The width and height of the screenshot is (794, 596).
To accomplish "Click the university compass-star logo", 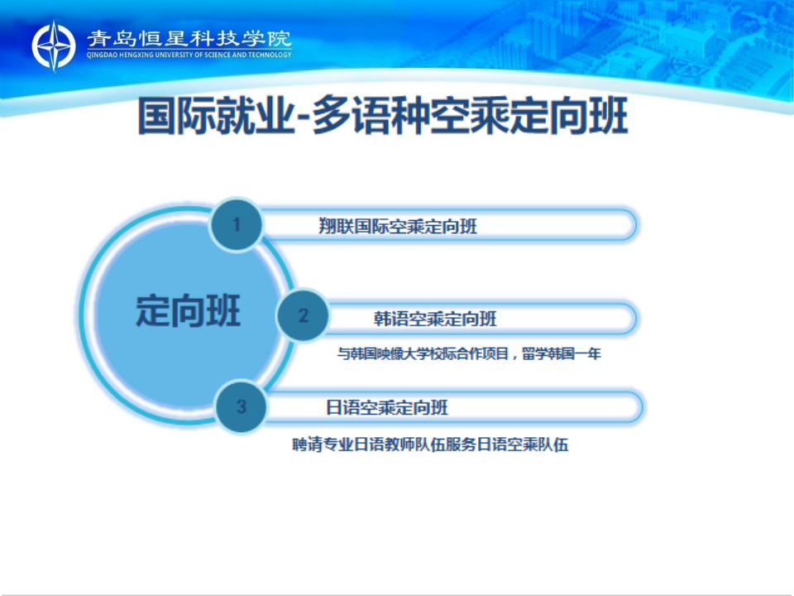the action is pos(54,46).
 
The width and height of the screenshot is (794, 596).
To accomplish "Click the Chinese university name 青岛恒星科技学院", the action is pos(189,39).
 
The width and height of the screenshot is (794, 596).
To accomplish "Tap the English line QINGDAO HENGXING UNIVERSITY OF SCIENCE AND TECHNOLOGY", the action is pos(189,55).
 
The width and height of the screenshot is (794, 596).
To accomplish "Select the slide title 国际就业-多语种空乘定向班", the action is pos(383,116).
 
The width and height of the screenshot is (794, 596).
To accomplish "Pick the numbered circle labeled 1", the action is pos(237,224).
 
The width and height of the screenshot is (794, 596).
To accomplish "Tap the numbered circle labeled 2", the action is pos(304,315).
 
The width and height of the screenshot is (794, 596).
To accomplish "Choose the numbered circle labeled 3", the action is pos(241,406).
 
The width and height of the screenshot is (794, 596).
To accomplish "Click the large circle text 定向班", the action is pos(188,310).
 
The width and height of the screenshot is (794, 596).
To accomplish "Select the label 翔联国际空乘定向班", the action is pos(398,226).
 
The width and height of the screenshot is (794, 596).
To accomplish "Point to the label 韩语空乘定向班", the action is pos(436,319).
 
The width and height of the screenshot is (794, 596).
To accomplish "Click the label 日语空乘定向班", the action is pos(387,407).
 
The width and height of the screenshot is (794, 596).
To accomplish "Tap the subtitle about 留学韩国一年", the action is pos(469,353).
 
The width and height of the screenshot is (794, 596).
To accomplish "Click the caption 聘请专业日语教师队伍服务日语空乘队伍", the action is pos(430,445).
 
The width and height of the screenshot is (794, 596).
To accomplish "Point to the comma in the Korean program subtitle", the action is pos(515,356).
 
